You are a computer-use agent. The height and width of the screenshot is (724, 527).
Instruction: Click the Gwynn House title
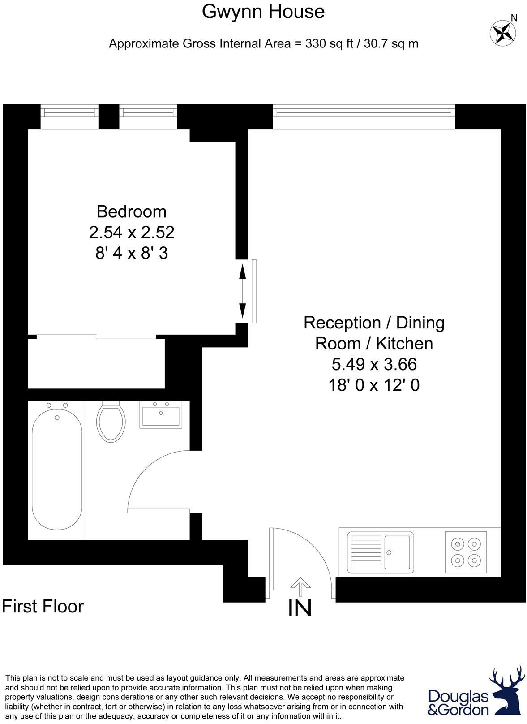click(x=263, y=11)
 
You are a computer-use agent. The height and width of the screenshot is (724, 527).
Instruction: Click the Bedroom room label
click(x=131, y=211)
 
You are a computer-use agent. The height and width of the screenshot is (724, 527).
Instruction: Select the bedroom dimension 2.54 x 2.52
click(x=131, y=233)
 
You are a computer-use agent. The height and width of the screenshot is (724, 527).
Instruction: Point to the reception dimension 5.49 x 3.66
click(x=374, y=364)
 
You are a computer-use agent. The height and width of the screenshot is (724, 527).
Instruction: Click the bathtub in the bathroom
click(x=57, y=470)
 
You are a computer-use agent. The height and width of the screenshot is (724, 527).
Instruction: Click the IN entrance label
click(x=300, y=608)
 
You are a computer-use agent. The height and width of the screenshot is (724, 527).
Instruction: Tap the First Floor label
click(x=43, y=607)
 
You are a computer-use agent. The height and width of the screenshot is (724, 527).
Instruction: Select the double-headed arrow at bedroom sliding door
click(x=242, y=291)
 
